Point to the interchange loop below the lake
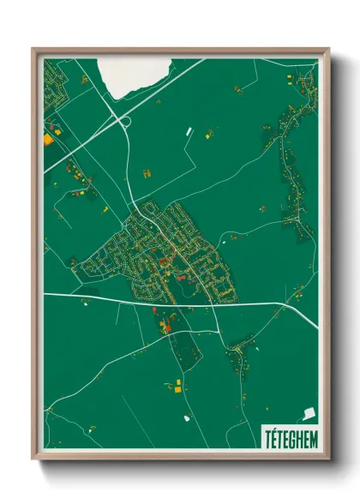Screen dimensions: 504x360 [125, 123]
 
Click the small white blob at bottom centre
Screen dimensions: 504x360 [185, 418]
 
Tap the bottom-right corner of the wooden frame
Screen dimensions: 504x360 [327, 459]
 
